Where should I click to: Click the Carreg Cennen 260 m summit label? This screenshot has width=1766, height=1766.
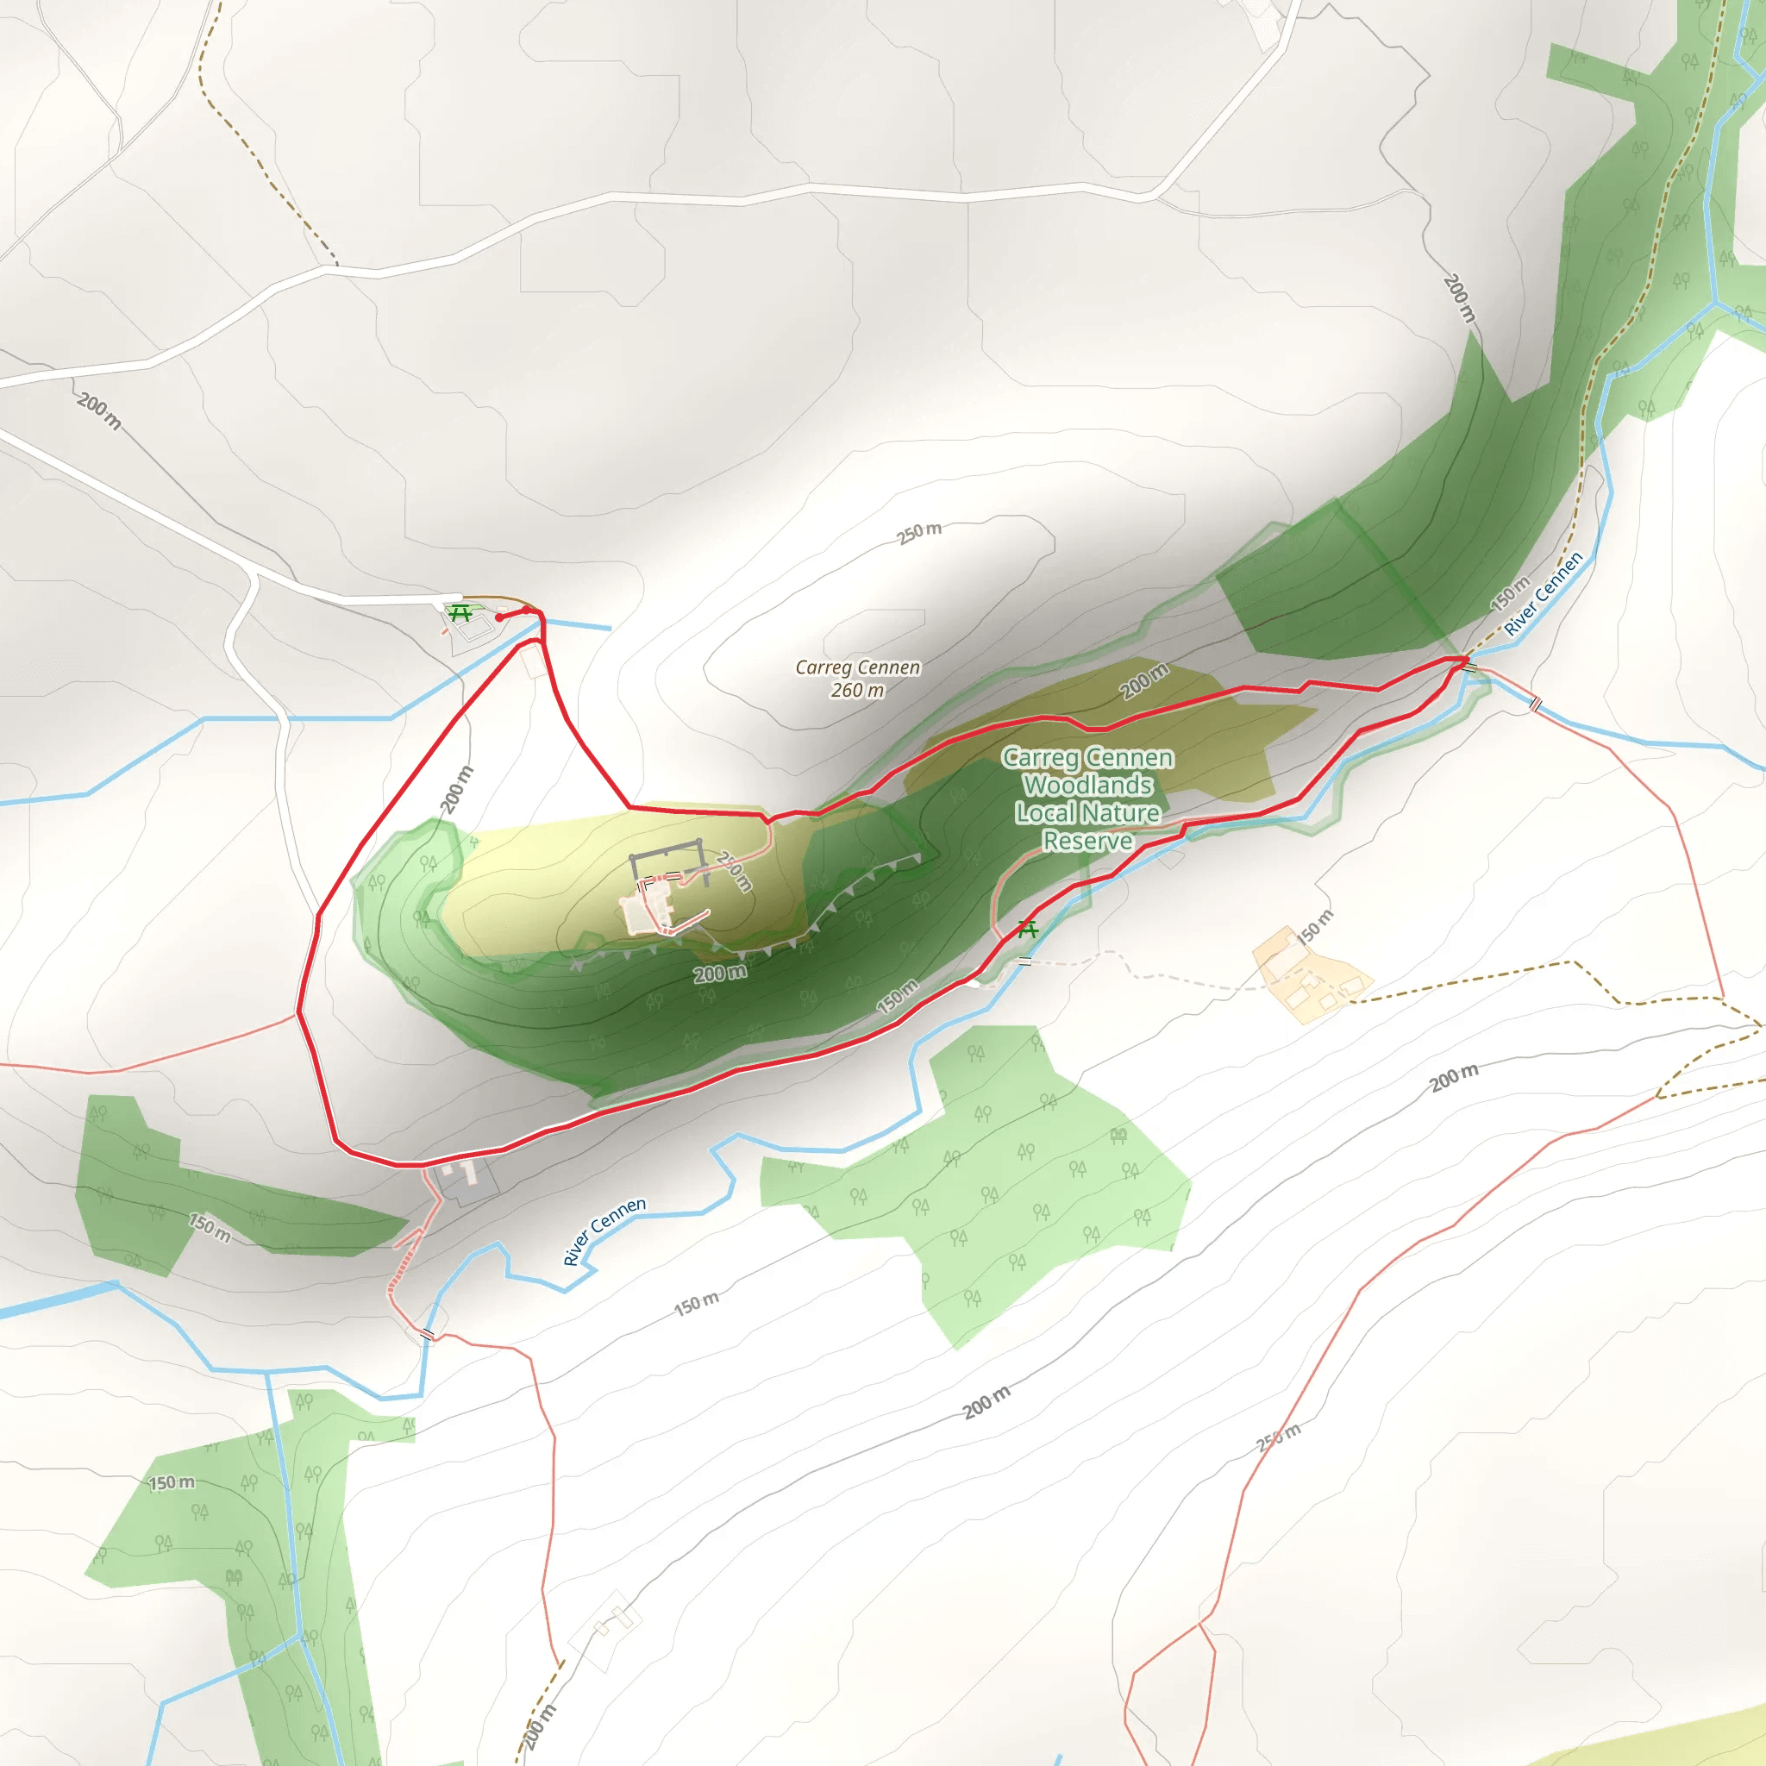857,679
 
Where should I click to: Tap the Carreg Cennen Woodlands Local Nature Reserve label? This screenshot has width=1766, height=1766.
1087,798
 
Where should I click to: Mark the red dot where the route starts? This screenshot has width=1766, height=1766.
499,618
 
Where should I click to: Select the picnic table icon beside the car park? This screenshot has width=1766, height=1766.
460,612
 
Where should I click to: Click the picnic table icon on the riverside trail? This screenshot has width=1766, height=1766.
1027,930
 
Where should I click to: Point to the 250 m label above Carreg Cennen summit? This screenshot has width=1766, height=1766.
918,533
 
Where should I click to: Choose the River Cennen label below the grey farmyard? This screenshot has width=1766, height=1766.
604,1231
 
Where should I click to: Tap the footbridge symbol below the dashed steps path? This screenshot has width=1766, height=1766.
427,1335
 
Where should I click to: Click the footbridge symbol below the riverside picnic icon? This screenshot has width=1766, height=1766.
1024,961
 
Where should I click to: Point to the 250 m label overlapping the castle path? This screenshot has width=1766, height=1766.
734,871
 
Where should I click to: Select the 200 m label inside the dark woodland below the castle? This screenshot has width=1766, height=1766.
719,974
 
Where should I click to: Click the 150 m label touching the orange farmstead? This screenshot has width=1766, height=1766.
1315,927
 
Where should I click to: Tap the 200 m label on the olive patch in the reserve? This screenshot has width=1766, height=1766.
1144,681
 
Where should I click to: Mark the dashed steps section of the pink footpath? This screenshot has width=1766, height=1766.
403,1267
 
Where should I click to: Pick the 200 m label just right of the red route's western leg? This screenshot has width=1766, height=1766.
457,790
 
